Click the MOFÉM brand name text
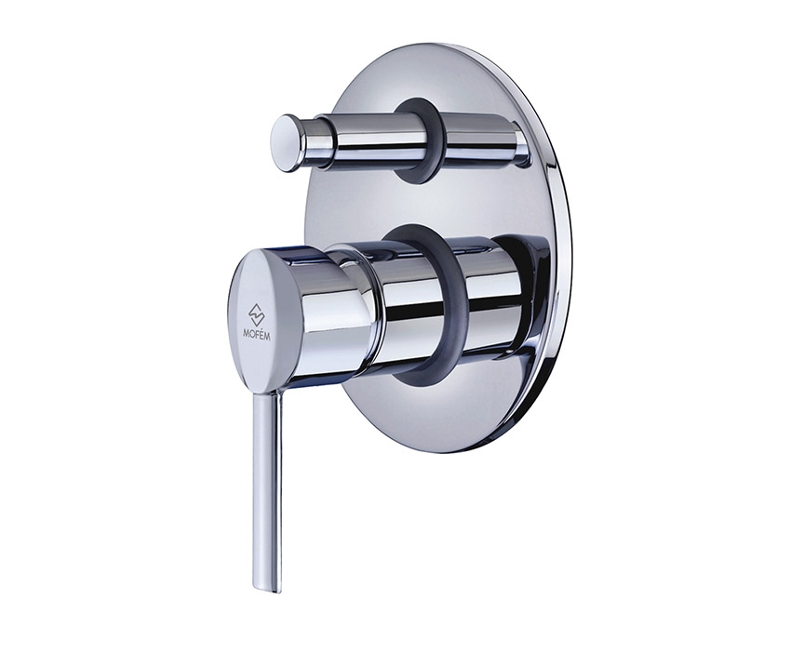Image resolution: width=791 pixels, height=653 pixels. coord(256,334)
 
